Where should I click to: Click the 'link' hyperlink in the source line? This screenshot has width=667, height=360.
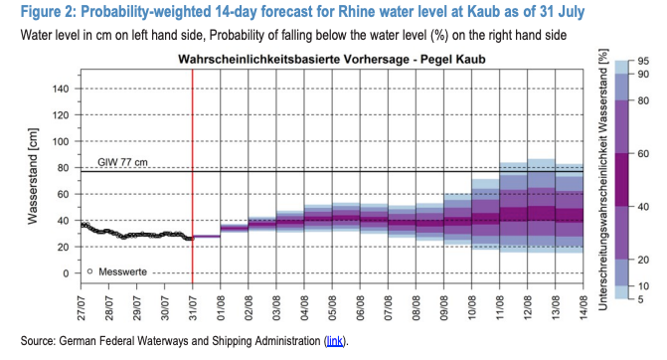[335, 341]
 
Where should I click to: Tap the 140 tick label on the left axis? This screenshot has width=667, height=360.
[60, 89]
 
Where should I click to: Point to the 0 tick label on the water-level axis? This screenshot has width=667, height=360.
[66, 273]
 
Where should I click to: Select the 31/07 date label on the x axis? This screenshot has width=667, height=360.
[193, 308]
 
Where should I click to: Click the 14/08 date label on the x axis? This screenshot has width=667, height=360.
[584, 308]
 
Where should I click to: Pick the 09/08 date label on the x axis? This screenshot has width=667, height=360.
[443, 308]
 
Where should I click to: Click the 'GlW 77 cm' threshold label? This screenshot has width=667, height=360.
[122, 162]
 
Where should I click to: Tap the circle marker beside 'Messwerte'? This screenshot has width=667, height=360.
[89, 271]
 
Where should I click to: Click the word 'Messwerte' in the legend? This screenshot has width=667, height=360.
[122, 271]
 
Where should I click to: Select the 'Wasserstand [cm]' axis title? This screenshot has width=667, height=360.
[33, 176]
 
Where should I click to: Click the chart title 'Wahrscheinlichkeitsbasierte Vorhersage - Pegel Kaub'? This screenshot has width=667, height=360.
[331, 59]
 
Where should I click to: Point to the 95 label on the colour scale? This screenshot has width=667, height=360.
[643, 62]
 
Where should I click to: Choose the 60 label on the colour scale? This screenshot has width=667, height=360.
[643, 153]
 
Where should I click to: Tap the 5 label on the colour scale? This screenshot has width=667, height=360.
[640, 299]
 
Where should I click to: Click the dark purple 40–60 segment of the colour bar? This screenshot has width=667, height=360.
[621, 180]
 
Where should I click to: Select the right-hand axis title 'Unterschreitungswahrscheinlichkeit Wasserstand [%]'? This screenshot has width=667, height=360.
[603, 180]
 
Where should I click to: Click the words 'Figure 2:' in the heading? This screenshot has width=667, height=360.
[48, 12]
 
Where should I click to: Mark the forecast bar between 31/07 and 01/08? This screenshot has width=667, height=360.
[207, 236]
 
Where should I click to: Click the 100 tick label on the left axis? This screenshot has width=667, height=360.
[60, 141]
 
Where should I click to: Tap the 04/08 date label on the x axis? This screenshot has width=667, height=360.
[304, 308]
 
